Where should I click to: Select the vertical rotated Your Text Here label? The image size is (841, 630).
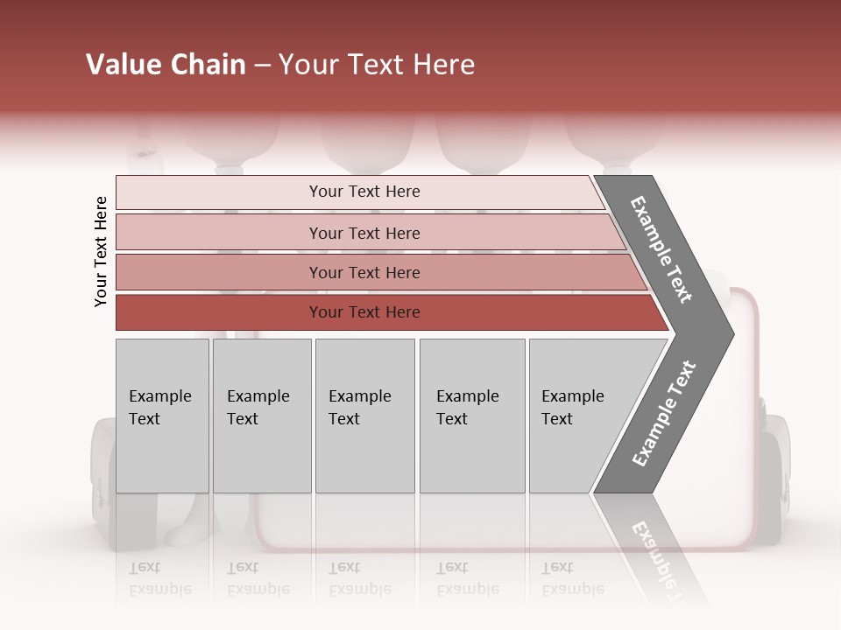click(x=101, y=251)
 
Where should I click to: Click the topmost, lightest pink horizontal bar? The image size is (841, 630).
click(x=364, y=192)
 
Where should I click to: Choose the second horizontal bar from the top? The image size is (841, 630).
click(x=364, y=233)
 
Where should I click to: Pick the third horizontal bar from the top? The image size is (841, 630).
click(x=364, y=272)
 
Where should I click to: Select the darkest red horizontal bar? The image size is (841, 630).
click(x=364, y=312)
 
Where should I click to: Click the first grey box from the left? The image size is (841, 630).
click(x=162, y=416)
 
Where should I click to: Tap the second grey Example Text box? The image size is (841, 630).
click(x=261, y=416)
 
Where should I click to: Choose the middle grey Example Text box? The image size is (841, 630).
click(x=364, y=416)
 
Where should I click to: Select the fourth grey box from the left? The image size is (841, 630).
click(x=471, y=416)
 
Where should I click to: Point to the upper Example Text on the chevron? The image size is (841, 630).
click(x=661, y=249)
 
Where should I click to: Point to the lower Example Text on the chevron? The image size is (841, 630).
click(x=664, y=414)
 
